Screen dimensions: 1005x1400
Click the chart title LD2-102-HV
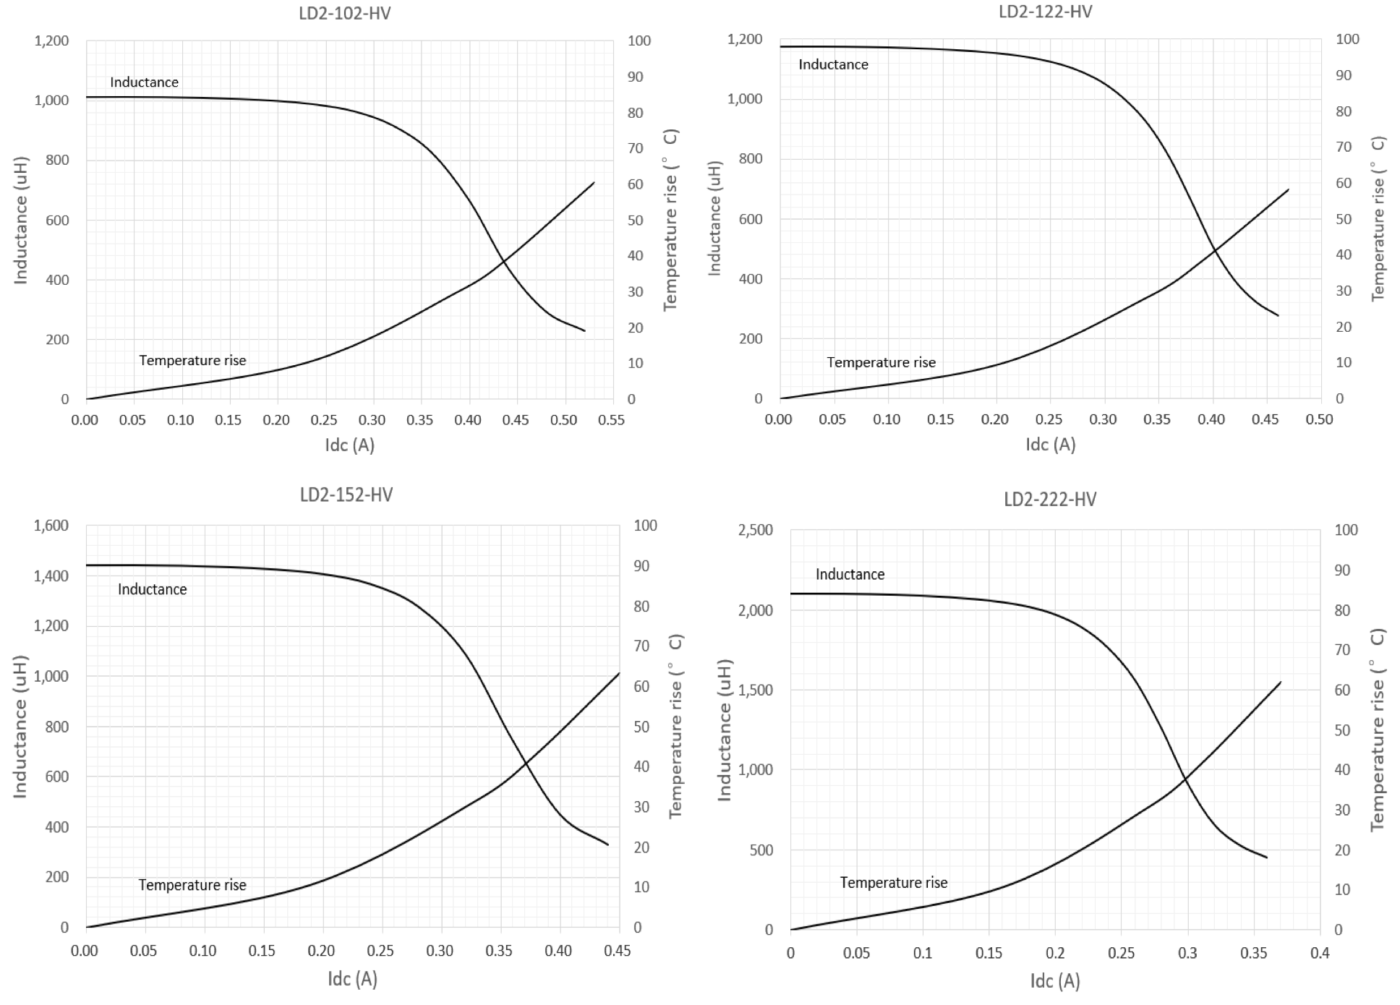[344, 14]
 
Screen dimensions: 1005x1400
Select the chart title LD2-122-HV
[1045, 12]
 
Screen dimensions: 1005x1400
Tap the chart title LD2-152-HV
[346, 495]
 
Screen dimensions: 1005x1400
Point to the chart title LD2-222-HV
[1050, 499]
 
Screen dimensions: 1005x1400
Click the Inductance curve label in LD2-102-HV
[144, 82]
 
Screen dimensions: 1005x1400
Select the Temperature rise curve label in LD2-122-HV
[881, 362]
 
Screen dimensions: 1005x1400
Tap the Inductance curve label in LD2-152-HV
[152, 589]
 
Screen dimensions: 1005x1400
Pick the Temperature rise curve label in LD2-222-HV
[893, 883]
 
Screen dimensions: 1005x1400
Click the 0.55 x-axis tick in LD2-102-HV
[612, 420]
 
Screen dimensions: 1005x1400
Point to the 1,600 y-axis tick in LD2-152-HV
[51, 526]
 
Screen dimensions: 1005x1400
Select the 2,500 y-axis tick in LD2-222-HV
[755, 530]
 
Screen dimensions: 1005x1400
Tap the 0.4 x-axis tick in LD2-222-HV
[1320, 953]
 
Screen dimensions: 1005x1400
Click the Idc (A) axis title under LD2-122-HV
[1050, 444]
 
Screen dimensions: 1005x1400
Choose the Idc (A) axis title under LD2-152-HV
[352, 978]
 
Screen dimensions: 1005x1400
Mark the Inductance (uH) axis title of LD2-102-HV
[20, 220]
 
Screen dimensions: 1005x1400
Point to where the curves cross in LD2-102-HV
[503, 261]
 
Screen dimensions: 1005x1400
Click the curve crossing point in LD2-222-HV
[1185, 779]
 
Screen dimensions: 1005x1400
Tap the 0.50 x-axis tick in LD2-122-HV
[1319, 419]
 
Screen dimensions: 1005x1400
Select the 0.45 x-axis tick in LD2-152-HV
[617, 951]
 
